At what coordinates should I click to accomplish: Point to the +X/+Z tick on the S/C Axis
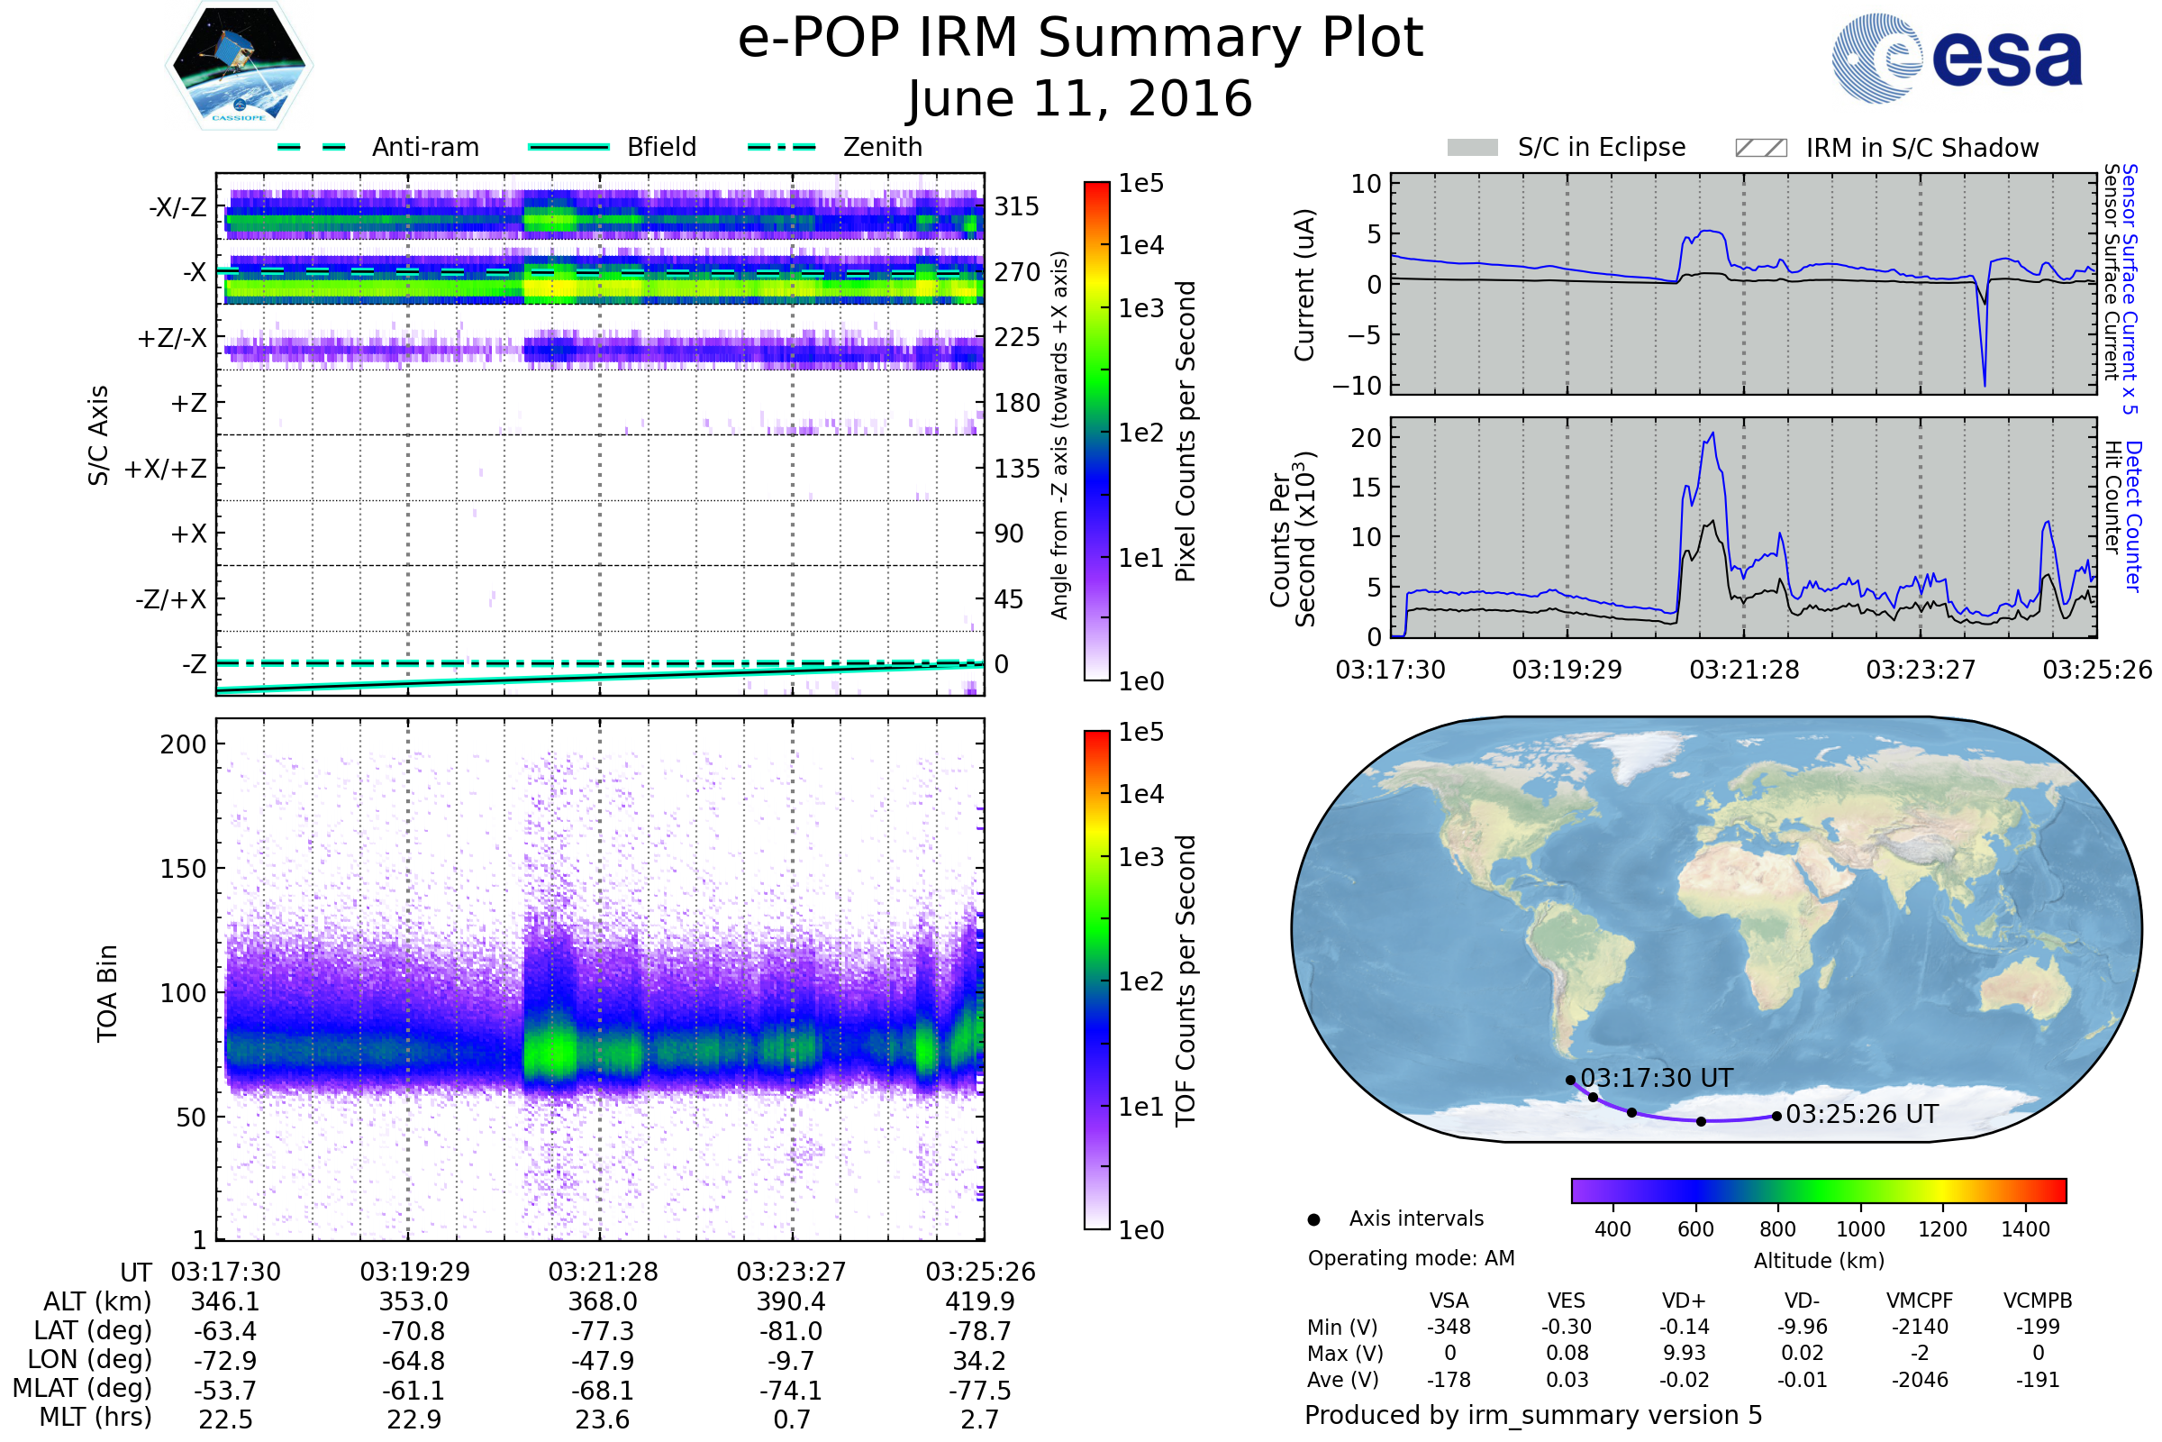(x=166, y=469)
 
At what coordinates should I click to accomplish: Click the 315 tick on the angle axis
(x=1017, y=206)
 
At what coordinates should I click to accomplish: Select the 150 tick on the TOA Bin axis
(x=184, y=869)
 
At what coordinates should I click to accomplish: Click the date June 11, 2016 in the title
(x=1080, y=99)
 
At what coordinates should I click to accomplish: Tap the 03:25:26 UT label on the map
(x=1861, y=1115)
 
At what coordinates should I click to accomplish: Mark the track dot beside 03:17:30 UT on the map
(x=1571, y=1081)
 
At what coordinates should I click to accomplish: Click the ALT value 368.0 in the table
(x=602, y=1302)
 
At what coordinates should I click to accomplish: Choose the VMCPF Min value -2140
(x=1920, y=1327)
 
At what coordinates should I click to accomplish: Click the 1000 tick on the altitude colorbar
(x=1860, y=1229)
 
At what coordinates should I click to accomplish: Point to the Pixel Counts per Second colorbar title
(x=1185, y=431)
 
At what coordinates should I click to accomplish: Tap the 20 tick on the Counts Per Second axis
(x=1366, y=438)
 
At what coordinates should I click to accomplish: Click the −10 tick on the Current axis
(x=1357, y=386)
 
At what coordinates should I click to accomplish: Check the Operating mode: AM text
(x=1411, y=1258)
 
